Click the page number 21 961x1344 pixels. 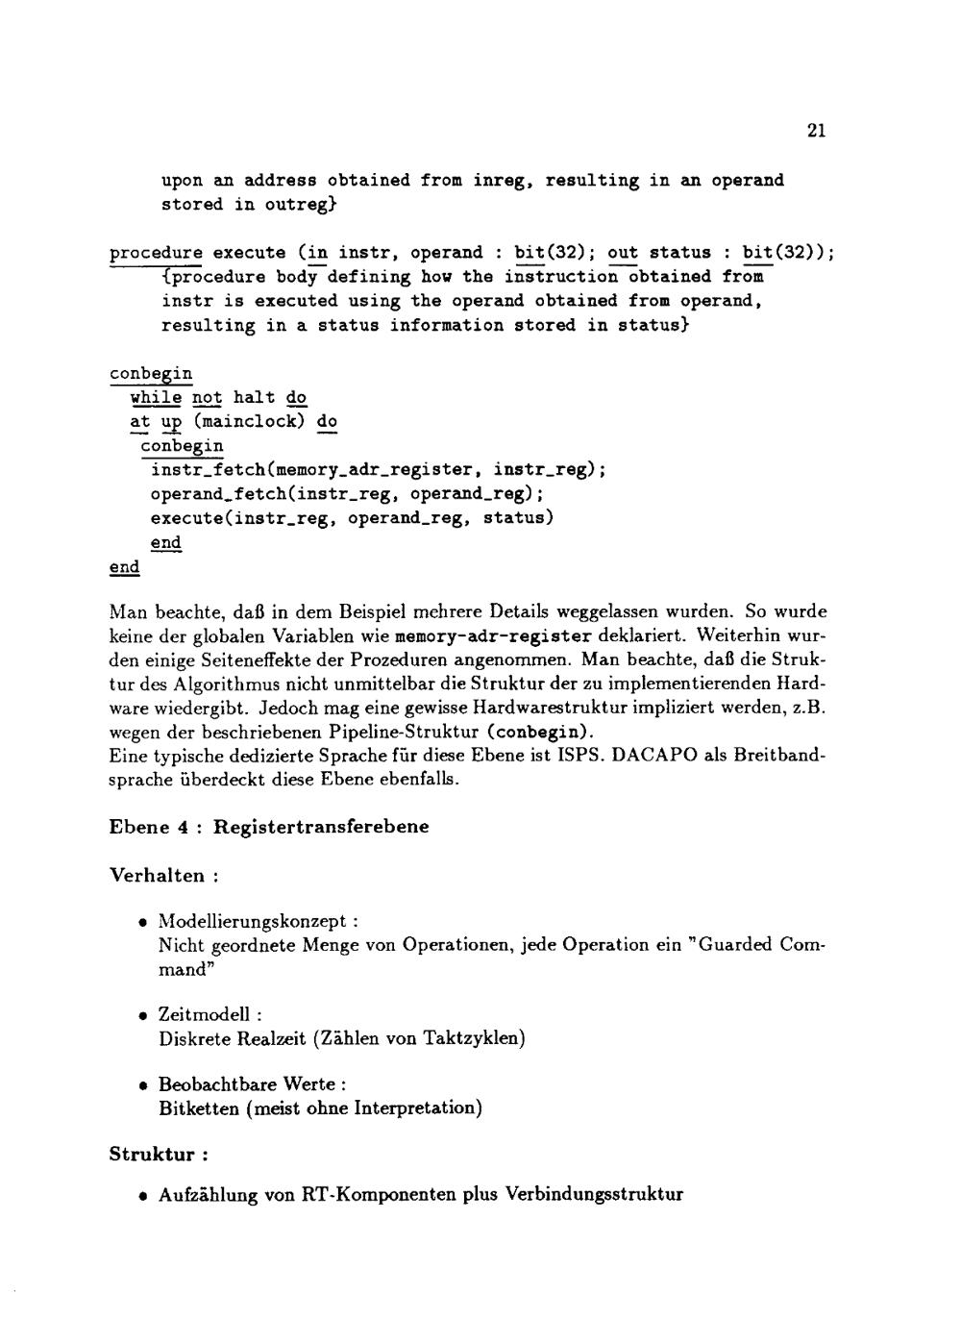(x=816, y=131)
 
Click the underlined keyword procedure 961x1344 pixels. (x=156, y=253)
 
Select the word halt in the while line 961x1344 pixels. (x=254, y=397)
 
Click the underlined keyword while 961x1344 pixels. (x=156, y=397)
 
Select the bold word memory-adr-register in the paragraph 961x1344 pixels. (x=493, y=636)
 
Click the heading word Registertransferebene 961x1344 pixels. (x=321, y=827)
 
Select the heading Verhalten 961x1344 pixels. (x=157, y=875)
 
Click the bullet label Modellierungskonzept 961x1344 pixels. (x=252, y=921)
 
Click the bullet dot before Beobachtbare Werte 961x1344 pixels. (x=142, y=1085)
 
